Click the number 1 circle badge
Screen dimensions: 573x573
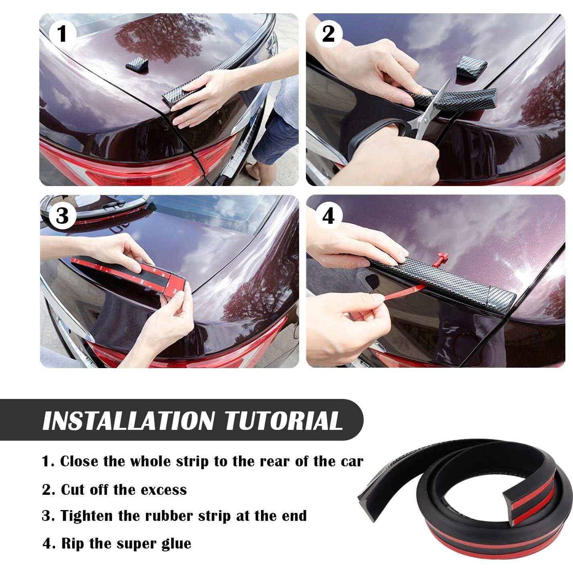(x=61, y=33)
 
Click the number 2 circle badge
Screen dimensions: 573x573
(x=328, y=33)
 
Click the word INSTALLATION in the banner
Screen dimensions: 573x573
(x=128, y=421)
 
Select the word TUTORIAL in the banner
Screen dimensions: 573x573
(x=283, y=421)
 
